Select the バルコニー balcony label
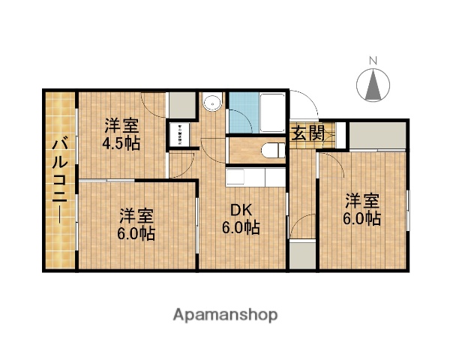tap(60, 180)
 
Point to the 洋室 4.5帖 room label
tap(121, 133)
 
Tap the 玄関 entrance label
tap(307, 134)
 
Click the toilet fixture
tap(271, 151)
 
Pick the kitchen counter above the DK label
tap(255, 178)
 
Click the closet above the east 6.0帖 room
tap(379, 134)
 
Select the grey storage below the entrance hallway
tap(303, 255)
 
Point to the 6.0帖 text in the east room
tap(362, 219)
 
